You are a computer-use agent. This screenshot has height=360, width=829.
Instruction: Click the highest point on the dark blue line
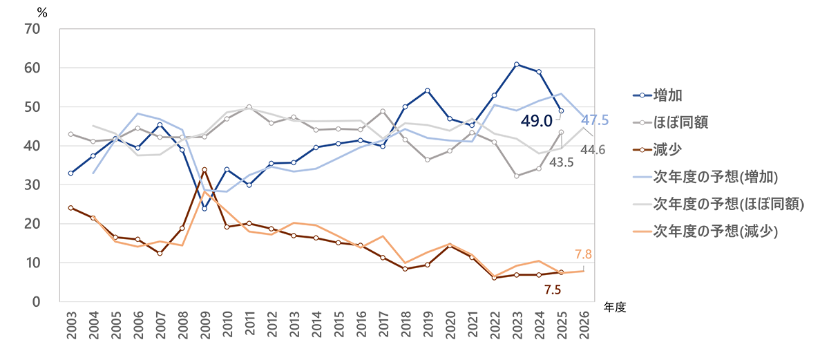point(517,64)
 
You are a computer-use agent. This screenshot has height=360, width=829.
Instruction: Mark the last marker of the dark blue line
point(561,111)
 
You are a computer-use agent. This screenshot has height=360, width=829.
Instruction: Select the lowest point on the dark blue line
point(204,208)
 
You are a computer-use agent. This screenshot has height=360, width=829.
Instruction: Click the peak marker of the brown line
point(204,169)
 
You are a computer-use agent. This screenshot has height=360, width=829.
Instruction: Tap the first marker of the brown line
point(70,207)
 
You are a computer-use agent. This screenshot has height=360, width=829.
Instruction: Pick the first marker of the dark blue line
point(70,173)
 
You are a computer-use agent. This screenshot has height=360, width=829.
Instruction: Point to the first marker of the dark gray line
point(70,134)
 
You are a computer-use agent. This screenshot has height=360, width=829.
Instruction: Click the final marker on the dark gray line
point(561,132)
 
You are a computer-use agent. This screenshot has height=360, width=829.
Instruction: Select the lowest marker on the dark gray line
point(517,176)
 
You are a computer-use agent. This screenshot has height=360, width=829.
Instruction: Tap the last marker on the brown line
point(561,272)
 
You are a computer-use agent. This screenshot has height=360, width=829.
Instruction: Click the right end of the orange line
point(584,270)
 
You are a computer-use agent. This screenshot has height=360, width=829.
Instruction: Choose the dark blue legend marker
point(642,94)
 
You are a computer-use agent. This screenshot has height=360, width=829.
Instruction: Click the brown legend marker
point(642,149)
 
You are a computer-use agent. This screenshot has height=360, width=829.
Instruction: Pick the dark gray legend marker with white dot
point(642,122)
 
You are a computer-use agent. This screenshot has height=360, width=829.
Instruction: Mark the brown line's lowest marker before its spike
point(160,254)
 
